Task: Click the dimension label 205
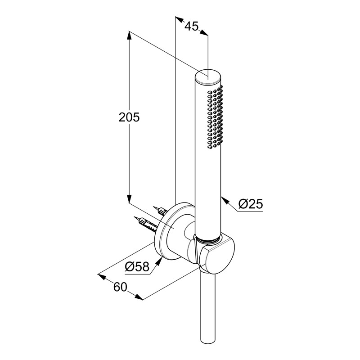129,117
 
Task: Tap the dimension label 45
192,26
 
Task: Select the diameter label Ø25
251,204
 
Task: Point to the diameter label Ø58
137,266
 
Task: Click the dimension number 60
120,287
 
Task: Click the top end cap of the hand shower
208,76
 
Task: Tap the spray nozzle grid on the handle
215,117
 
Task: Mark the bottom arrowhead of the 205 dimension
129,199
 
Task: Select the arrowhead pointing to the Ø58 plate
159,262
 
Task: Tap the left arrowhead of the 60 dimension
102,276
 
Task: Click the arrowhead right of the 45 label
204,32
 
